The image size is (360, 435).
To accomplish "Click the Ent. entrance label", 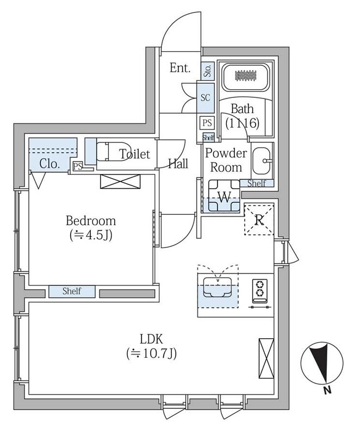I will pyautogui.click(x=179, y=69).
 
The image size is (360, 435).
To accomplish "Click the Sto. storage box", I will pyautogui.click(x=207, y=70).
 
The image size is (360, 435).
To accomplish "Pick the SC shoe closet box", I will pyautogui.click(x=206, y=98).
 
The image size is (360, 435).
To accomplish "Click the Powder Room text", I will pyautogui.click(x=226, y=160).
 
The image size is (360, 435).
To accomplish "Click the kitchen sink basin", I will pyautogui.click(x=218, y=287).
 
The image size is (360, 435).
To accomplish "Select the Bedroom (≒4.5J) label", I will pyautogui.click(x=91, y=227).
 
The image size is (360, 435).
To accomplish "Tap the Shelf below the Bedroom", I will pyautogui.click(x=72, y=291).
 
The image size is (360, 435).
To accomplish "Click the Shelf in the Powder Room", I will pyautogui.click(x=257, y=184).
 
